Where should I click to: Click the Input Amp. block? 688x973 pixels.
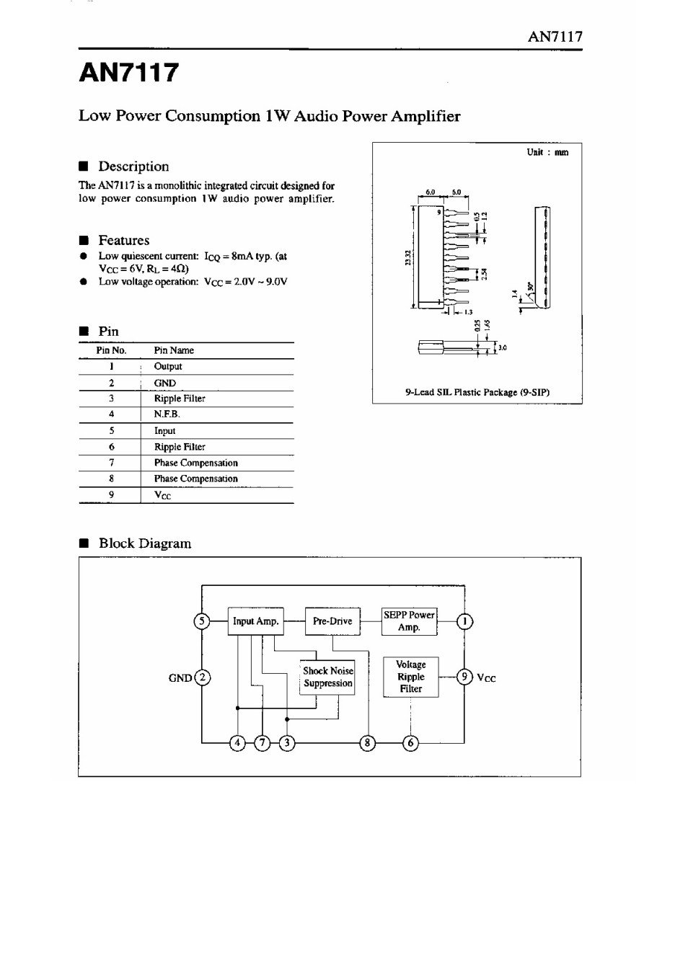(x=255, y=621)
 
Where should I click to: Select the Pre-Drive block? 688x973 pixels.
(x=332, y=621)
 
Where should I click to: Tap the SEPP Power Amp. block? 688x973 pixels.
(x=409, y=621)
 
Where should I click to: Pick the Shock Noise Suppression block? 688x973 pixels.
(x=327, y=677)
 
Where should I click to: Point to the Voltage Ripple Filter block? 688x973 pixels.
(x=411, y=677)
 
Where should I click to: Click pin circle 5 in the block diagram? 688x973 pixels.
(x=203, y=621)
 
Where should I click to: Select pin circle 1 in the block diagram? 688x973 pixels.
(x=465, y=621)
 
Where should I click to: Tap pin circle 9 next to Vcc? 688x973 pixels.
(x=466, y=677)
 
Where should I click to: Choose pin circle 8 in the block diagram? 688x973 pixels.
(x=367, y=743)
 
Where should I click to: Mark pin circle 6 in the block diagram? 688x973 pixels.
(x=410, y=743)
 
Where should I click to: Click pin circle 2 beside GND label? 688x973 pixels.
(x=203, y=677)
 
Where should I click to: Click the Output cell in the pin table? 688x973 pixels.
(x=168, y=366)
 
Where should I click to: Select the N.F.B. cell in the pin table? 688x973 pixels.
(x=167, y=414)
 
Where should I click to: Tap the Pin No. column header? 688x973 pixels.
(x=111, y=350)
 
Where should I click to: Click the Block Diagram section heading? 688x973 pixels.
(x=145, y=543)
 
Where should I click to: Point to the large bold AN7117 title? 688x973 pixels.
(x=128, y=73)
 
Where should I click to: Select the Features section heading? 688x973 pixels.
(x=123, y=240)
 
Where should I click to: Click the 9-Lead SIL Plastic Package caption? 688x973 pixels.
(x=477, y=392)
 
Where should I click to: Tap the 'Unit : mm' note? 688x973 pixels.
(x=547, y=152)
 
